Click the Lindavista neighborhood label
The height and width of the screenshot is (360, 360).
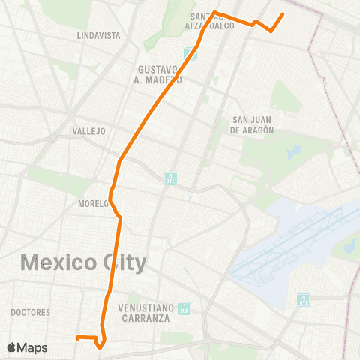98,35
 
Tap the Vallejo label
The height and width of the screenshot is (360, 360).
88,130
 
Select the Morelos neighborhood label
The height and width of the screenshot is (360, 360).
94,203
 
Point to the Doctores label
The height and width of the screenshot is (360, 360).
31,312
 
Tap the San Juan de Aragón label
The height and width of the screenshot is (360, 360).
252,124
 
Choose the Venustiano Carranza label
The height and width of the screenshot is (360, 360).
147,312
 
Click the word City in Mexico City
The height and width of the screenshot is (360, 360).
125,263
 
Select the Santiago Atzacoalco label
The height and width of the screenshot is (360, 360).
213,21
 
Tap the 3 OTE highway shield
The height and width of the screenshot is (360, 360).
170,178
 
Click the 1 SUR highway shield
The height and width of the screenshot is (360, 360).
185,307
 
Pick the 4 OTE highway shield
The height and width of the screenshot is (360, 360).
303,298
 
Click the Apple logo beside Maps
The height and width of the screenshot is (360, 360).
11,347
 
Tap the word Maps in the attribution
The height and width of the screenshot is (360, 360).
32,347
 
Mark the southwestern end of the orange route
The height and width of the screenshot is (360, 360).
76,337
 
